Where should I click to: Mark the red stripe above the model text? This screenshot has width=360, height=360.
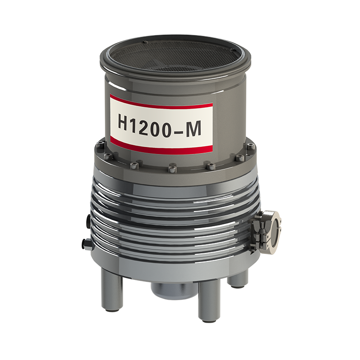[x=162, y=101]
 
